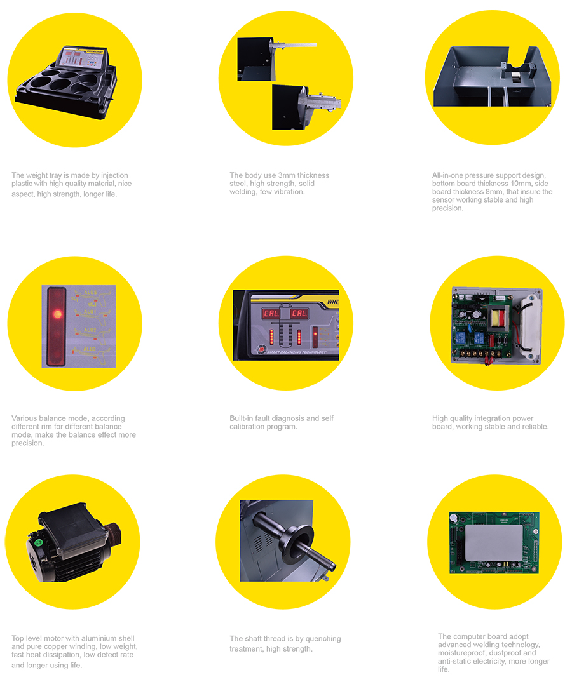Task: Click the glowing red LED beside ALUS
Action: [x=57, y=314]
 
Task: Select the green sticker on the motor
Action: [x=39, y=542]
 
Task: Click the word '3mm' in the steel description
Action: [x=287, y=175]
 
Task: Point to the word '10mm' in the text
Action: [x=521, y=184]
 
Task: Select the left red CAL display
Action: [x=271, y=313]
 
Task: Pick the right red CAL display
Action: [x=299, y=313]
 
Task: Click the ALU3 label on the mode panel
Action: [x=90, y=349]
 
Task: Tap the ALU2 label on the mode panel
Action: [x=90, y=330]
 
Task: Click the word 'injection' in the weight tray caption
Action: [x=114, y=175]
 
